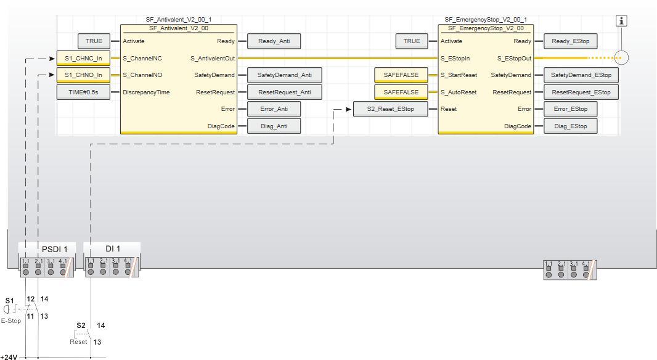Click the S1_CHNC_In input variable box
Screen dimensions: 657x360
tap(83, 59)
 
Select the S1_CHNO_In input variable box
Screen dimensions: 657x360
tap(83, 75)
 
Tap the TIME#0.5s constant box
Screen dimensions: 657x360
tap(83, 92)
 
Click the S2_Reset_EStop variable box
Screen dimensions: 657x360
tap(391, 109)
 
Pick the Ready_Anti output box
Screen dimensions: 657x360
tap(274, 41)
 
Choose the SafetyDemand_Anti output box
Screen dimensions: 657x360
tap(285, 75)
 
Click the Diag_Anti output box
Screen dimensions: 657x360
tap(274, 126)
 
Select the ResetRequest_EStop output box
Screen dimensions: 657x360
tap(581, 92)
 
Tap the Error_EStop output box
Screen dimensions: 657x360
tap(570, 109)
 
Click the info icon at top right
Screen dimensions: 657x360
tap(621, 20)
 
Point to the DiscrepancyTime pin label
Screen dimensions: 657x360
tap(146, 92)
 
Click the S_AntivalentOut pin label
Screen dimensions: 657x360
tap(213, 59)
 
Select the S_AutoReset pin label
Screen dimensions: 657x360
tap(459, 92)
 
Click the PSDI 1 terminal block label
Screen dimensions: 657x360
tap(54, 250)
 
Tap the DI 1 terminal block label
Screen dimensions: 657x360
tap(113, 249)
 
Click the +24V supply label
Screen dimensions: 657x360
tap(9, 357)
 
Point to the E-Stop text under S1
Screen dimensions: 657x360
tap(11, 321)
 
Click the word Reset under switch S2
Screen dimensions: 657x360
tap(78, 342)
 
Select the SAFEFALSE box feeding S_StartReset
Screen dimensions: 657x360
tap(401, 75)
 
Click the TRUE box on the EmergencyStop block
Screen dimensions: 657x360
tap(412, 41)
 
